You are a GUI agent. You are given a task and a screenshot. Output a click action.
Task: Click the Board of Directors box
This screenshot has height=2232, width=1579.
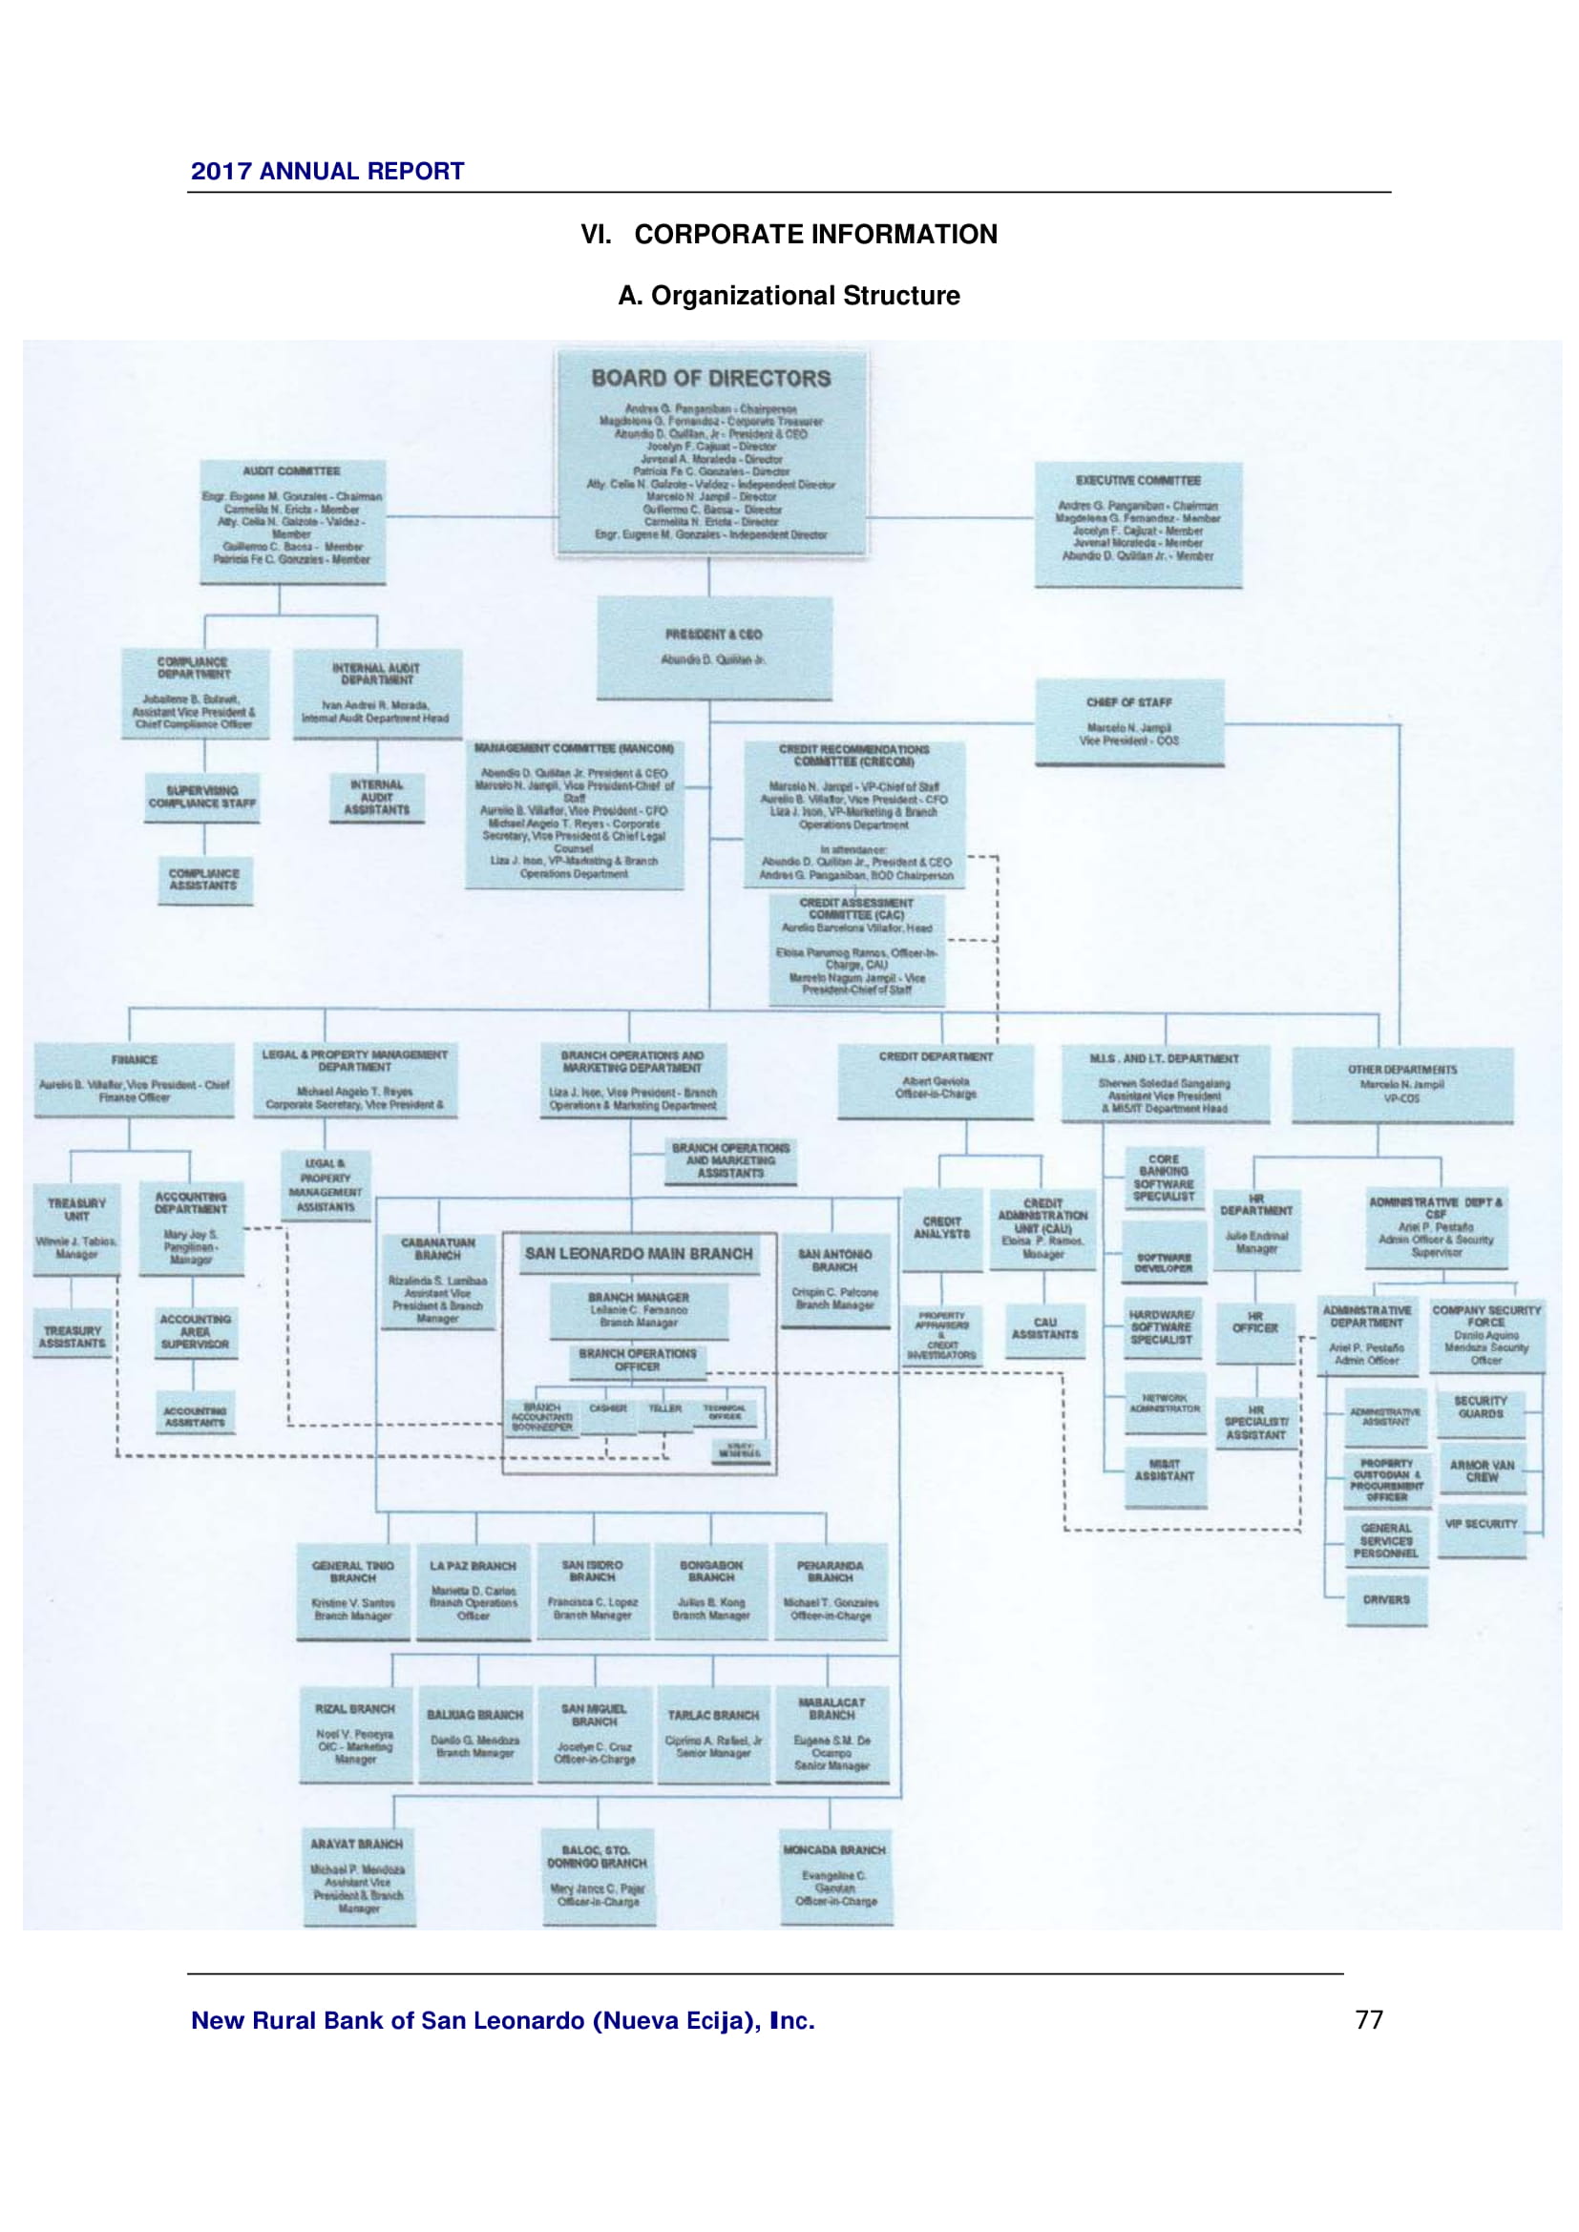click(x=711, y=453)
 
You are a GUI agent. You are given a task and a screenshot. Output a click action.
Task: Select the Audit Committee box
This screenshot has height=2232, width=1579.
click(x=292, y=521)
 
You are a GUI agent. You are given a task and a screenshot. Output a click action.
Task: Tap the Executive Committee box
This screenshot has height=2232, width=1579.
click(x=1138, y=524)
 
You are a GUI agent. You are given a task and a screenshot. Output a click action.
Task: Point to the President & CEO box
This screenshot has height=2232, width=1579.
click(x=714, y=647)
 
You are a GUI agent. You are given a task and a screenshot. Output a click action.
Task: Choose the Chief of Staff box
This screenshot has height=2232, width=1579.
click(x=1128, y=722)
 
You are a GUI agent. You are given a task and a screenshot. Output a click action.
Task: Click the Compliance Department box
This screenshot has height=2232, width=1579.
click(x=195, y=693)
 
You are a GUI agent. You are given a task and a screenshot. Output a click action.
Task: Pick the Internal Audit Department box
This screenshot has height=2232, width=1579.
click(x=376, y=694)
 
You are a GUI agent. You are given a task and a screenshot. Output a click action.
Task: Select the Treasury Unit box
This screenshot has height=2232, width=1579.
click(x=76, y=1228)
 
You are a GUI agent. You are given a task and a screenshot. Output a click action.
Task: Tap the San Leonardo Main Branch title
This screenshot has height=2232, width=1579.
click(x=639, y=1254)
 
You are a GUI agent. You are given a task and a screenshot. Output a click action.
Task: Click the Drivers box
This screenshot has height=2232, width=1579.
click(x=1385, y=1599)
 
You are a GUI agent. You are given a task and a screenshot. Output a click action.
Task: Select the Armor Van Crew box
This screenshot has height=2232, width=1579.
click(x=1482, y=1471)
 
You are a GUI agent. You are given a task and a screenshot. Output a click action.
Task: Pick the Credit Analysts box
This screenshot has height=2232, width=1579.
click(x=941, y=1229)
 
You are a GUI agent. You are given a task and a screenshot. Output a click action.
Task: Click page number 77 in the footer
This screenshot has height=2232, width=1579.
click(x=1368, y=2020)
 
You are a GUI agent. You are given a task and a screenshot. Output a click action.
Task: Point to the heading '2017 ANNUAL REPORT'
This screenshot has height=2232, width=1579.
click(x=327, y=171)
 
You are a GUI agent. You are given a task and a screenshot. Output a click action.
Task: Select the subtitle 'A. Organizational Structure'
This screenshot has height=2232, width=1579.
click(x=789, y=296)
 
